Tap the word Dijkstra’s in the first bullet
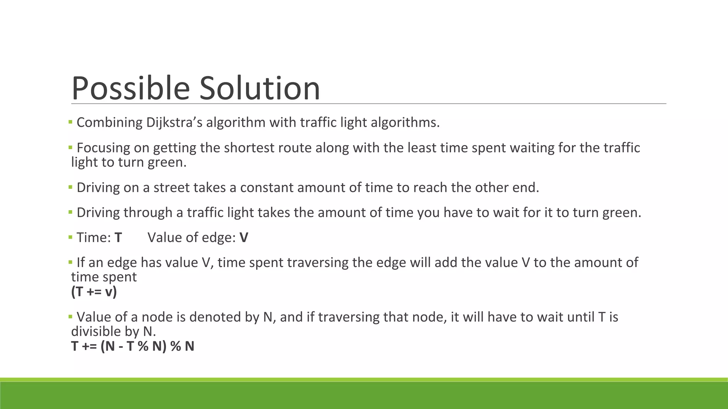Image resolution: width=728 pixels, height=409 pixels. [174, 122]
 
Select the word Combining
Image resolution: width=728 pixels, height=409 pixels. [109, 122]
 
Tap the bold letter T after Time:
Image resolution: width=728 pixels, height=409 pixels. [118, 238]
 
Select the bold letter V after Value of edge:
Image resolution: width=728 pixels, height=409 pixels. [244, 238]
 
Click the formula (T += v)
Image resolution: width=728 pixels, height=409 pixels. [94, 292]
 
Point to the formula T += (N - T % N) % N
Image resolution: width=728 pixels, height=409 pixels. [133, 346]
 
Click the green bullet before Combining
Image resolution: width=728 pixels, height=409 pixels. [70, 122]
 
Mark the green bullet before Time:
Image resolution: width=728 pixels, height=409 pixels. [70, 237]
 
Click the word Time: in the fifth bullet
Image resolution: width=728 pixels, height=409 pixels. [94, 238]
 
